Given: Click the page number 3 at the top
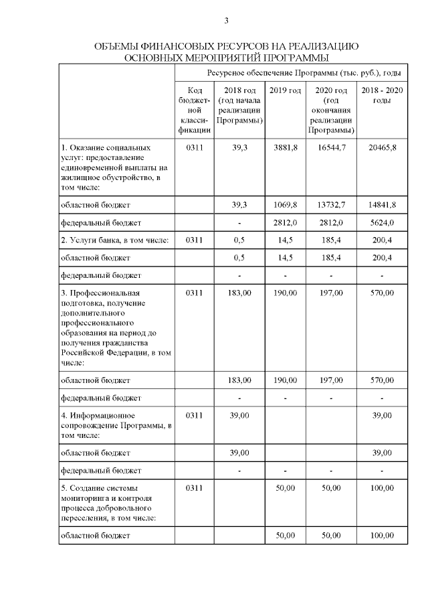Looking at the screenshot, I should click(x=227, y=21).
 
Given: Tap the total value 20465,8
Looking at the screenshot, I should click(x=382, y=147).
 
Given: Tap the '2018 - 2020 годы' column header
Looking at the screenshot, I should click(x=382, y=96).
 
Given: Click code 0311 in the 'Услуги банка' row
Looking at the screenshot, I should click(x=194, y=240).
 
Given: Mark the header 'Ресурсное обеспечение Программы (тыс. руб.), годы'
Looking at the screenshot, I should click(x=304, y=72).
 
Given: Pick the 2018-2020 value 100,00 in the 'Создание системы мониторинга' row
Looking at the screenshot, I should click(x=382, y=489).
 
